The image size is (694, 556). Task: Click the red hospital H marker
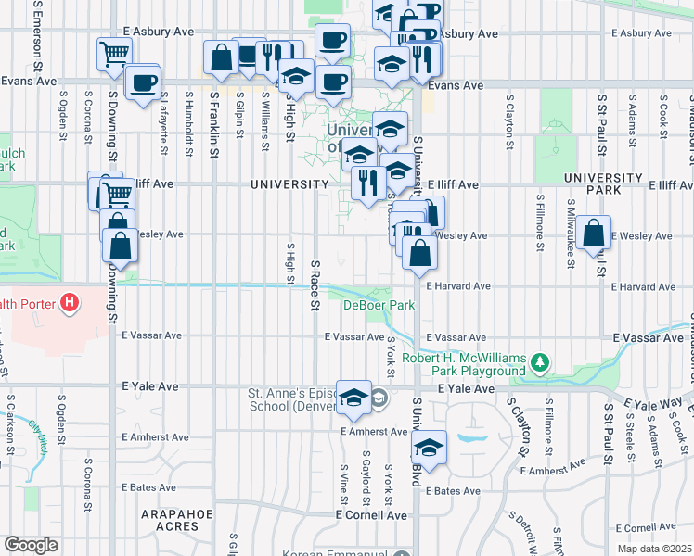coord(68,303)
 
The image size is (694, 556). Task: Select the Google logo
coord(31,544)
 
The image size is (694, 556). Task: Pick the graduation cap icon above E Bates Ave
coord(429,448)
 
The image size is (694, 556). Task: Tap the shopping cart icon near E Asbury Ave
coord(113,53)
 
